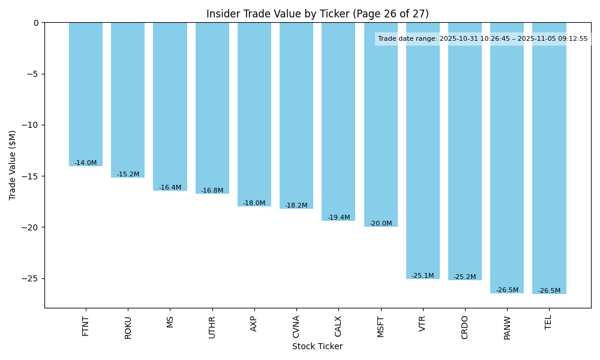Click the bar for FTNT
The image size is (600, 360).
point(86,94)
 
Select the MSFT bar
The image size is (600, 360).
point(381,124)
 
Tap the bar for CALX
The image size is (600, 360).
point(338,121)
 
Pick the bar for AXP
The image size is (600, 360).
point(254,114)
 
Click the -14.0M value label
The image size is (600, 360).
point(86,163)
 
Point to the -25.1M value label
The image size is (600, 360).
point(423,276)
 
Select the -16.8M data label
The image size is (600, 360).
point(212,191)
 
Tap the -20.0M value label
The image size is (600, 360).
point(381,224)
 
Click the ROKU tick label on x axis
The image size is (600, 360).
point(128,328)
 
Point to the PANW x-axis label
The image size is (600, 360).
point(508,328)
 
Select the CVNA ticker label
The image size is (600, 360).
point(296,328)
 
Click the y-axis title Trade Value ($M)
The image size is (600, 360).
point(13,165)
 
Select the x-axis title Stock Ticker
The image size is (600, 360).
point(317,346)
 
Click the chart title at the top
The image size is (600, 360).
point(317,14)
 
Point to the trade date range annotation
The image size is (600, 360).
point(483,39)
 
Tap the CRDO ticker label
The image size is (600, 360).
point(466,328)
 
